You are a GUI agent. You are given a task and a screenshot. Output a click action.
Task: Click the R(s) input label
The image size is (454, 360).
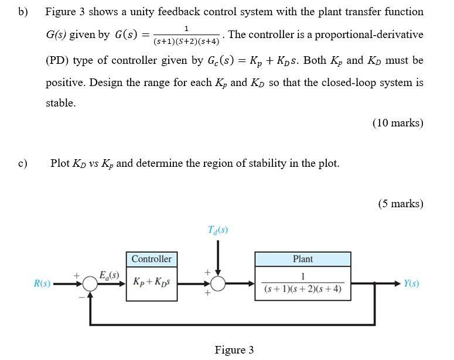tap(42, 284)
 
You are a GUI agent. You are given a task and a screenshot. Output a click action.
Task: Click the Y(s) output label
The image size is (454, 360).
tap(411, 284)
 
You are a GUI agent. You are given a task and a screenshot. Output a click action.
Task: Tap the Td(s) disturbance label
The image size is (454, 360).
tap(218, 230)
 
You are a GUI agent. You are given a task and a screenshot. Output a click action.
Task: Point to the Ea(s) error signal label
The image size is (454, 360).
tap(109, 275)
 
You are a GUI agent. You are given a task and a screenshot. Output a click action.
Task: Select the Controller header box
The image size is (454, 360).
tap(152, 259)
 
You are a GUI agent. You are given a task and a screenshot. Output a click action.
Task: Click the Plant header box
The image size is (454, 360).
tap(303, 259)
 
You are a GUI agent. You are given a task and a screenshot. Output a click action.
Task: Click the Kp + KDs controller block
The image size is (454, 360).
tap(152, 283)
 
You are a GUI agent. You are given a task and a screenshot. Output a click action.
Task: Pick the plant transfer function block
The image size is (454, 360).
tap(303, 283)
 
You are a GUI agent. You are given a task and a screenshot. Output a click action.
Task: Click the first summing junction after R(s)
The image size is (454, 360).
tap(90, 284)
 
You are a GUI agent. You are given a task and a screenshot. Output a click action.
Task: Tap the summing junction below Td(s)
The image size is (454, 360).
tap(218, 284)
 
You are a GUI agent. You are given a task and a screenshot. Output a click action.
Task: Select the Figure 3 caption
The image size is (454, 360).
tap(234, 350)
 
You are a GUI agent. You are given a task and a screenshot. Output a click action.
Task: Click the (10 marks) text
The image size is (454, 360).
tap(398, 123)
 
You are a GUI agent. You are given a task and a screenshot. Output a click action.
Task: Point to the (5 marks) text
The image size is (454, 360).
tap(401, 204)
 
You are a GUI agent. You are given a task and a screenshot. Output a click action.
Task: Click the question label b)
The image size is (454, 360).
tap(23, 12)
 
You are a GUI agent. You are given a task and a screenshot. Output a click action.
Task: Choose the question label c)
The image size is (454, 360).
tap(23, 163)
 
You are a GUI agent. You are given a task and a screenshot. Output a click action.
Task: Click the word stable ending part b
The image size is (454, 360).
tap(61, 103)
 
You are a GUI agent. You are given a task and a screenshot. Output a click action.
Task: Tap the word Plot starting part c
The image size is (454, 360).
tap(60, 163)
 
